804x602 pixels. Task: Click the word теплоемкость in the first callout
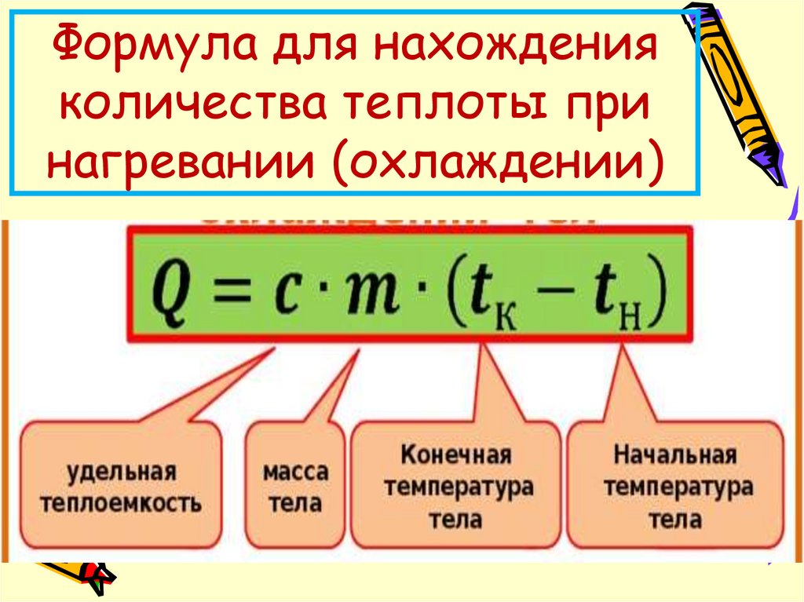tap(121, 502)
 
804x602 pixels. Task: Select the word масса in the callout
tap(295, 473)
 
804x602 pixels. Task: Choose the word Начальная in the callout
tap(675, 456)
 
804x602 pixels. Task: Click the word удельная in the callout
tap(121, 473)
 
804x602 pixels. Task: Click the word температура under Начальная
tap(675, 487)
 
